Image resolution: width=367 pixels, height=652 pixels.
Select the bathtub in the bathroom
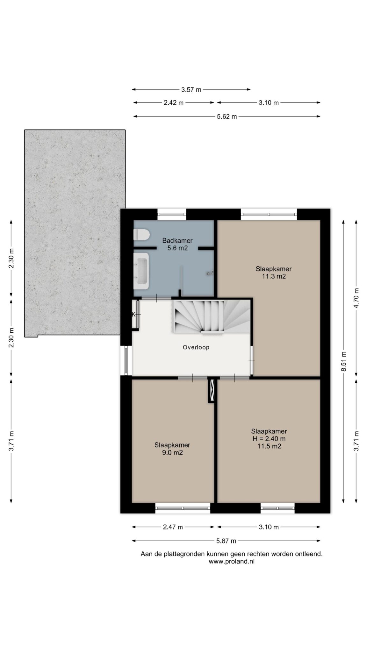pyautogui.click(x=141, y=271)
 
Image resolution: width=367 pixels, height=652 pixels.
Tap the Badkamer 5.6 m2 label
pyautogui.click(x=177, y=244)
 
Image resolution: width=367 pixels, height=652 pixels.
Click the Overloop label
pyautogui.click(x=196, y=347)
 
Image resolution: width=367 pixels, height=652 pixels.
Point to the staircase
pyautogui.click(x=212, y=316)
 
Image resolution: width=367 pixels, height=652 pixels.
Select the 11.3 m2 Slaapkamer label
pyautogui.click(x=273, y=273)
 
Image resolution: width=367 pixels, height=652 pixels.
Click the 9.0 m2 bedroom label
pyautogui.click(x=172, y=449)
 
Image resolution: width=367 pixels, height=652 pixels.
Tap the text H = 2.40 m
pyautogui.click(x=269, y=438)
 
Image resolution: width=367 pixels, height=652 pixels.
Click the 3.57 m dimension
pyautogui.click(x=191, y=89)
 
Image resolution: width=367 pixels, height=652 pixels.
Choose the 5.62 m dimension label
pyautogui.click(x=227, y=117)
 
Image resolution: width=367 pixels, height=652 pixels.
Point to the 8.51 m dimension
pyautogui.click(x=343, y=361)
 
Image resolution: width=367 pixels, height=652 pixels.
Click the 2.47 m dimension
pyautogui.click(x=173, y=527)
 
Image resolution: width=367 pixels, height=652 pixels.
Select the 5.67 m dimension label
pyautogui.click(x=226, y=541)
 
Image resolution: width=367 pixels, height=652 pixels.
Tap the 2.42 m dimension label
pyautogui.click(x=173, y=103)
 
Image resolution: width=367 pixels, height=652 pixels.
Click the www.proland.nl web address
pyautogui.click(x=231, y=562)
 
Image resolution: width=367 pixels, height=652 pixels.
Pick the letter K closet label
pyautogui.click(x=134, y=315)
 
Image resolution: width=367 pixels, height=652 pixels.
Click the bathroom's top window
pyautogui.click(x=172, y=214)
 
